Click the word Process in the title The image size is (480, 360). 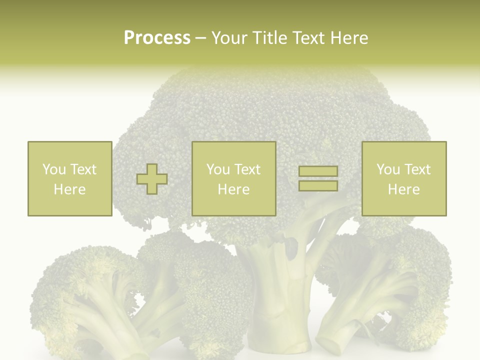point(157,38)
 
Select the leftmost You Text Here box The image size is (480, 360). point(70,178)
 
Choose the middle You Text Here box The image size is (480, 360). point(233,178)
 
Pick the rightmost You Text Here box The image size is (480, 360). point(404,178)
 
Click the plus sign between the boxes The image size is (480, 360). point(152,179)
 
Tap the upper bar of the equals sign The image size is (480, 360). point(318,171)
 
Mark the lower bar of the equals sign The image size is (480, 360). point(318,186)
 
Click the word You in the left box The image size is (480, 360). point(53,169)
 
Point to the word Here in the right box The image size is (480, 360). point(404,189)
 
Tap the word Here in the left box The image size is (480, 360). point(70,189)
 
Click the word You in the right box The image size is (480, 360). point(387,169)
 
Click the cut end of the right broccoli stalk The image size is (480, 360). point(334,344)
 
